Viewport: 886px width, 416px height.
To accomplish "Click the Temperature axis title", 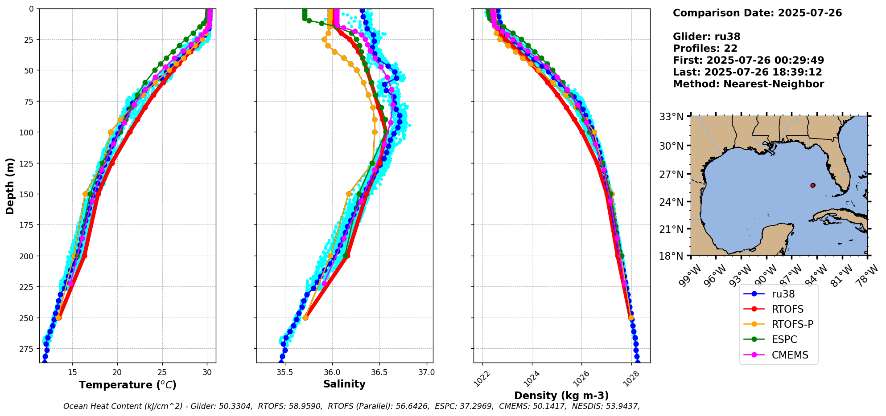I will point(128,385).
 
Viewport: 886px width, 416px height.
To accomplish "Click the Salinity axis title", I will point(344,384).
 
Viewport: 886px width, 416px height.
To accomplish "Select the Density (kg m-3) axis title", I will point(561,396).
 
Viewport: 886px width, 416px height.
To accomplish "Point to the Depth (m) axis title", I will point(10,186).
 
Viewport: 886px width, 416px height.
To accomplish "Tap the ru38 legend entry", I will point(783,294).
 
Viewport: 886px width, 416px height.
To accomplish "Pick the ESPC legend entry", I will point(784,339).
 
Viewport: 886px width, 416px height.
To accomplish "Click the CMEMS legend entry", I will point(790,355).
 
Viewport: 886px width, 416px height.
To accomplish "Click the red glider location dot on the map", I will point(812,185).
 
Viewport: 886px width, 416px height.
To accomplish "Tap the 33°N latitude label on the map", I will point(671,117).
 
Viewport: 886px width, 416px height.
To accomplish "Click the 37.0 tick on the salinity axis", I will point(426,372).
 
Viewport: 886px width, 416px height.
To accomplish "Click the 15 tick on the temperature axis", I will point(72,372).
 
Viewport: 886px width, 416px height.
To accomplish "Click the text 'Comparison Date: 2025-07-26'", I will point(757,13).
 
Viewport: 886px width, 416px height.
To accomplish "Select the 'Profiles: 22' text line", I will point(705,49).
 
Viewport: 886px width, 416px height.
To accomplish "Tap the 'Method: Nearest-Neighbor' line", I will point(748,84).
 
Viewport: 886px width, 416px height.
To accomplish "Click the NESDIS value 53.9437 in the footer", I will point(621,406).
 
